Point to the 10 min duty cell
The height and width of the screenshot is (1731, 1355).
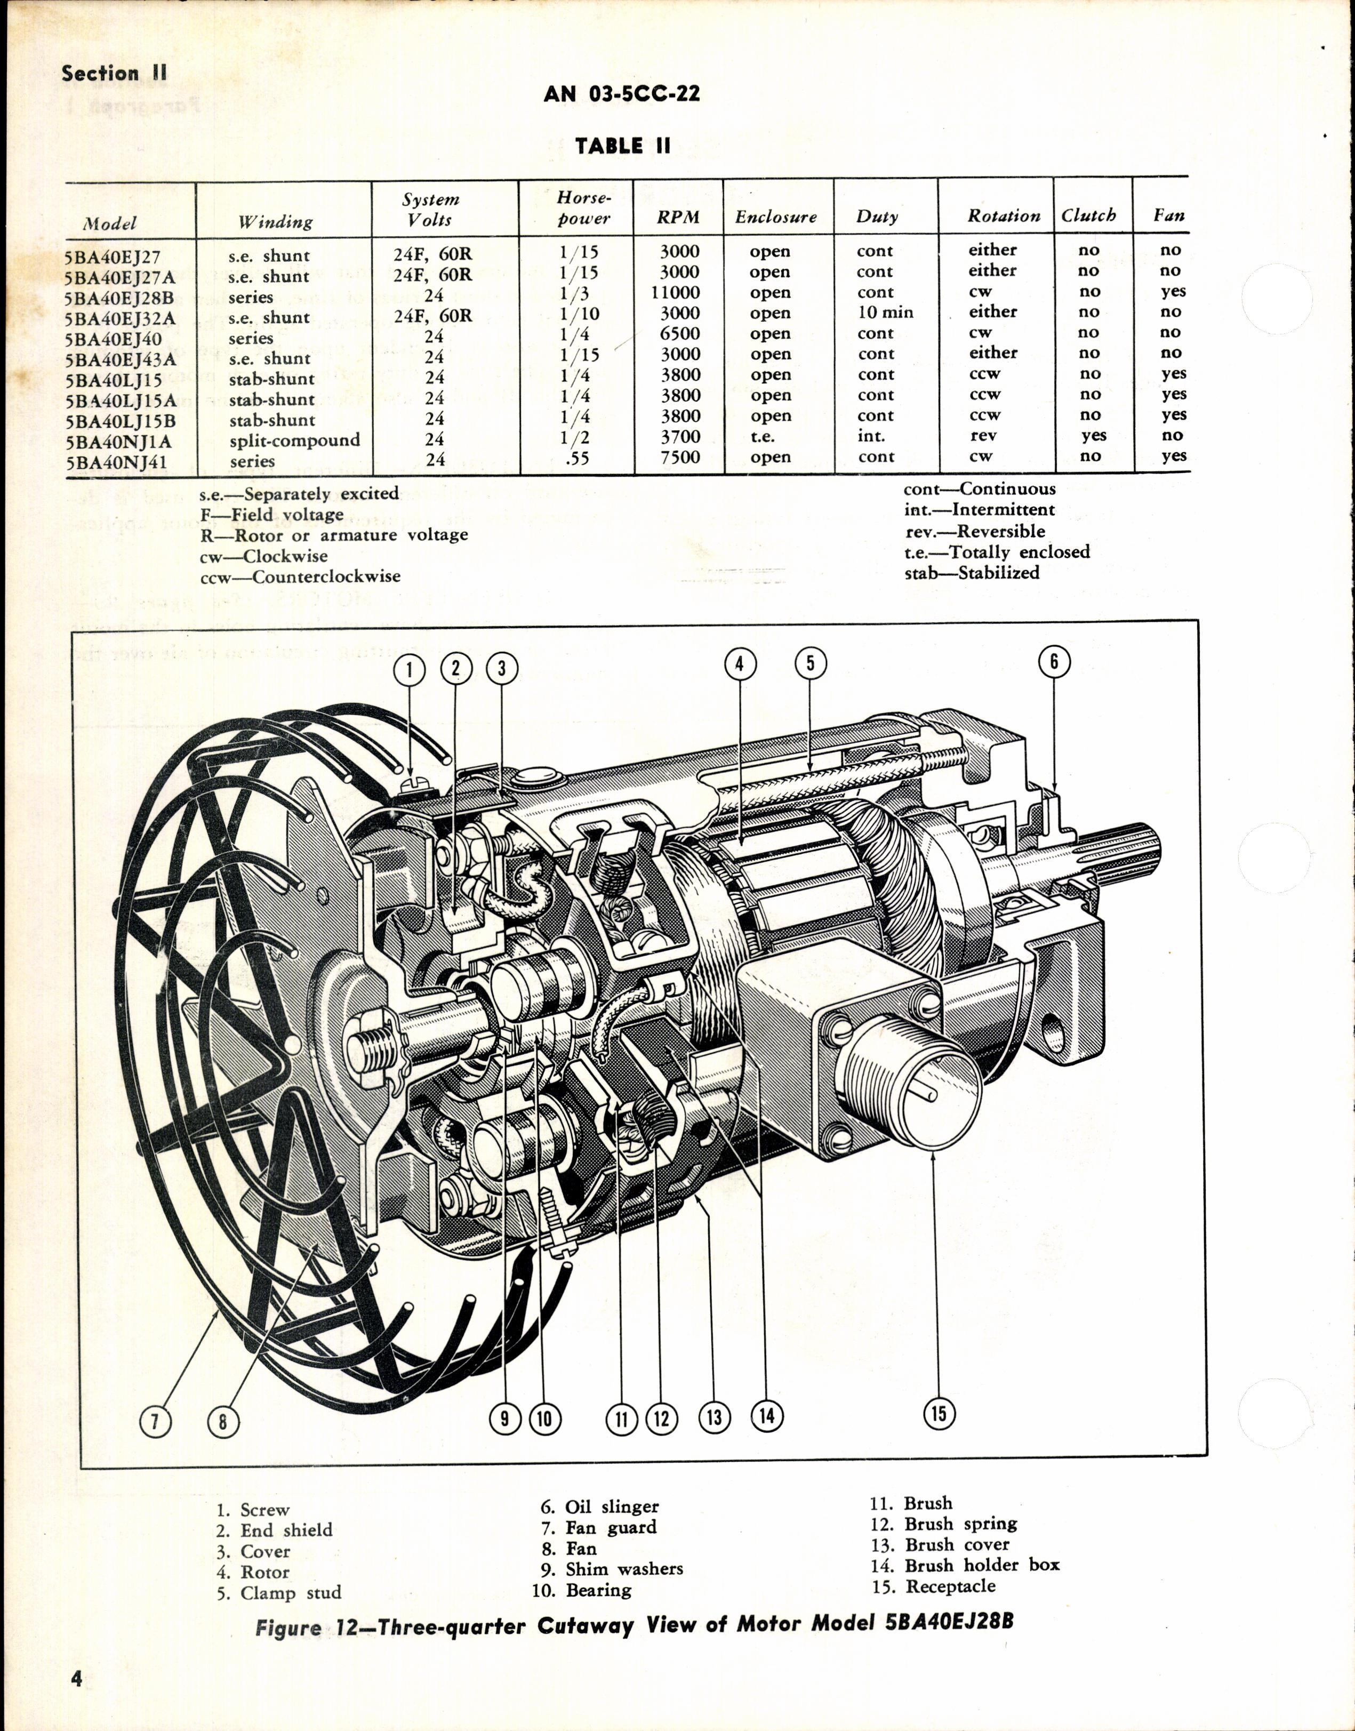(x=885, y=312)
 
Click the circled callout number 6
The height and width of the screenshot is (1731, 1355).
(x=1054, y=662)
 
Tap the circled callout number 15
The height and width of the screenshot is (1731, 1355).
(x=939, y=1413)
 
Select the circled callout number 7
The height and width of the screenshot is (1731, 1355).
(x=156, y=1421)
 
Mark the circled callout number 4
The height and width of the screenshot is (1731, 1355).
(x=740, y=663)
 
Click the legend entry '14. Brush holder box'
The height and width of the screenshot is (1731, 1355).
(x=965, y=1565)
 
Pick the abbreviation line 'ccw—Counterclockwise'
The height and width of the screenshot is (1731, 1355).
(x=300, y=577)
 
